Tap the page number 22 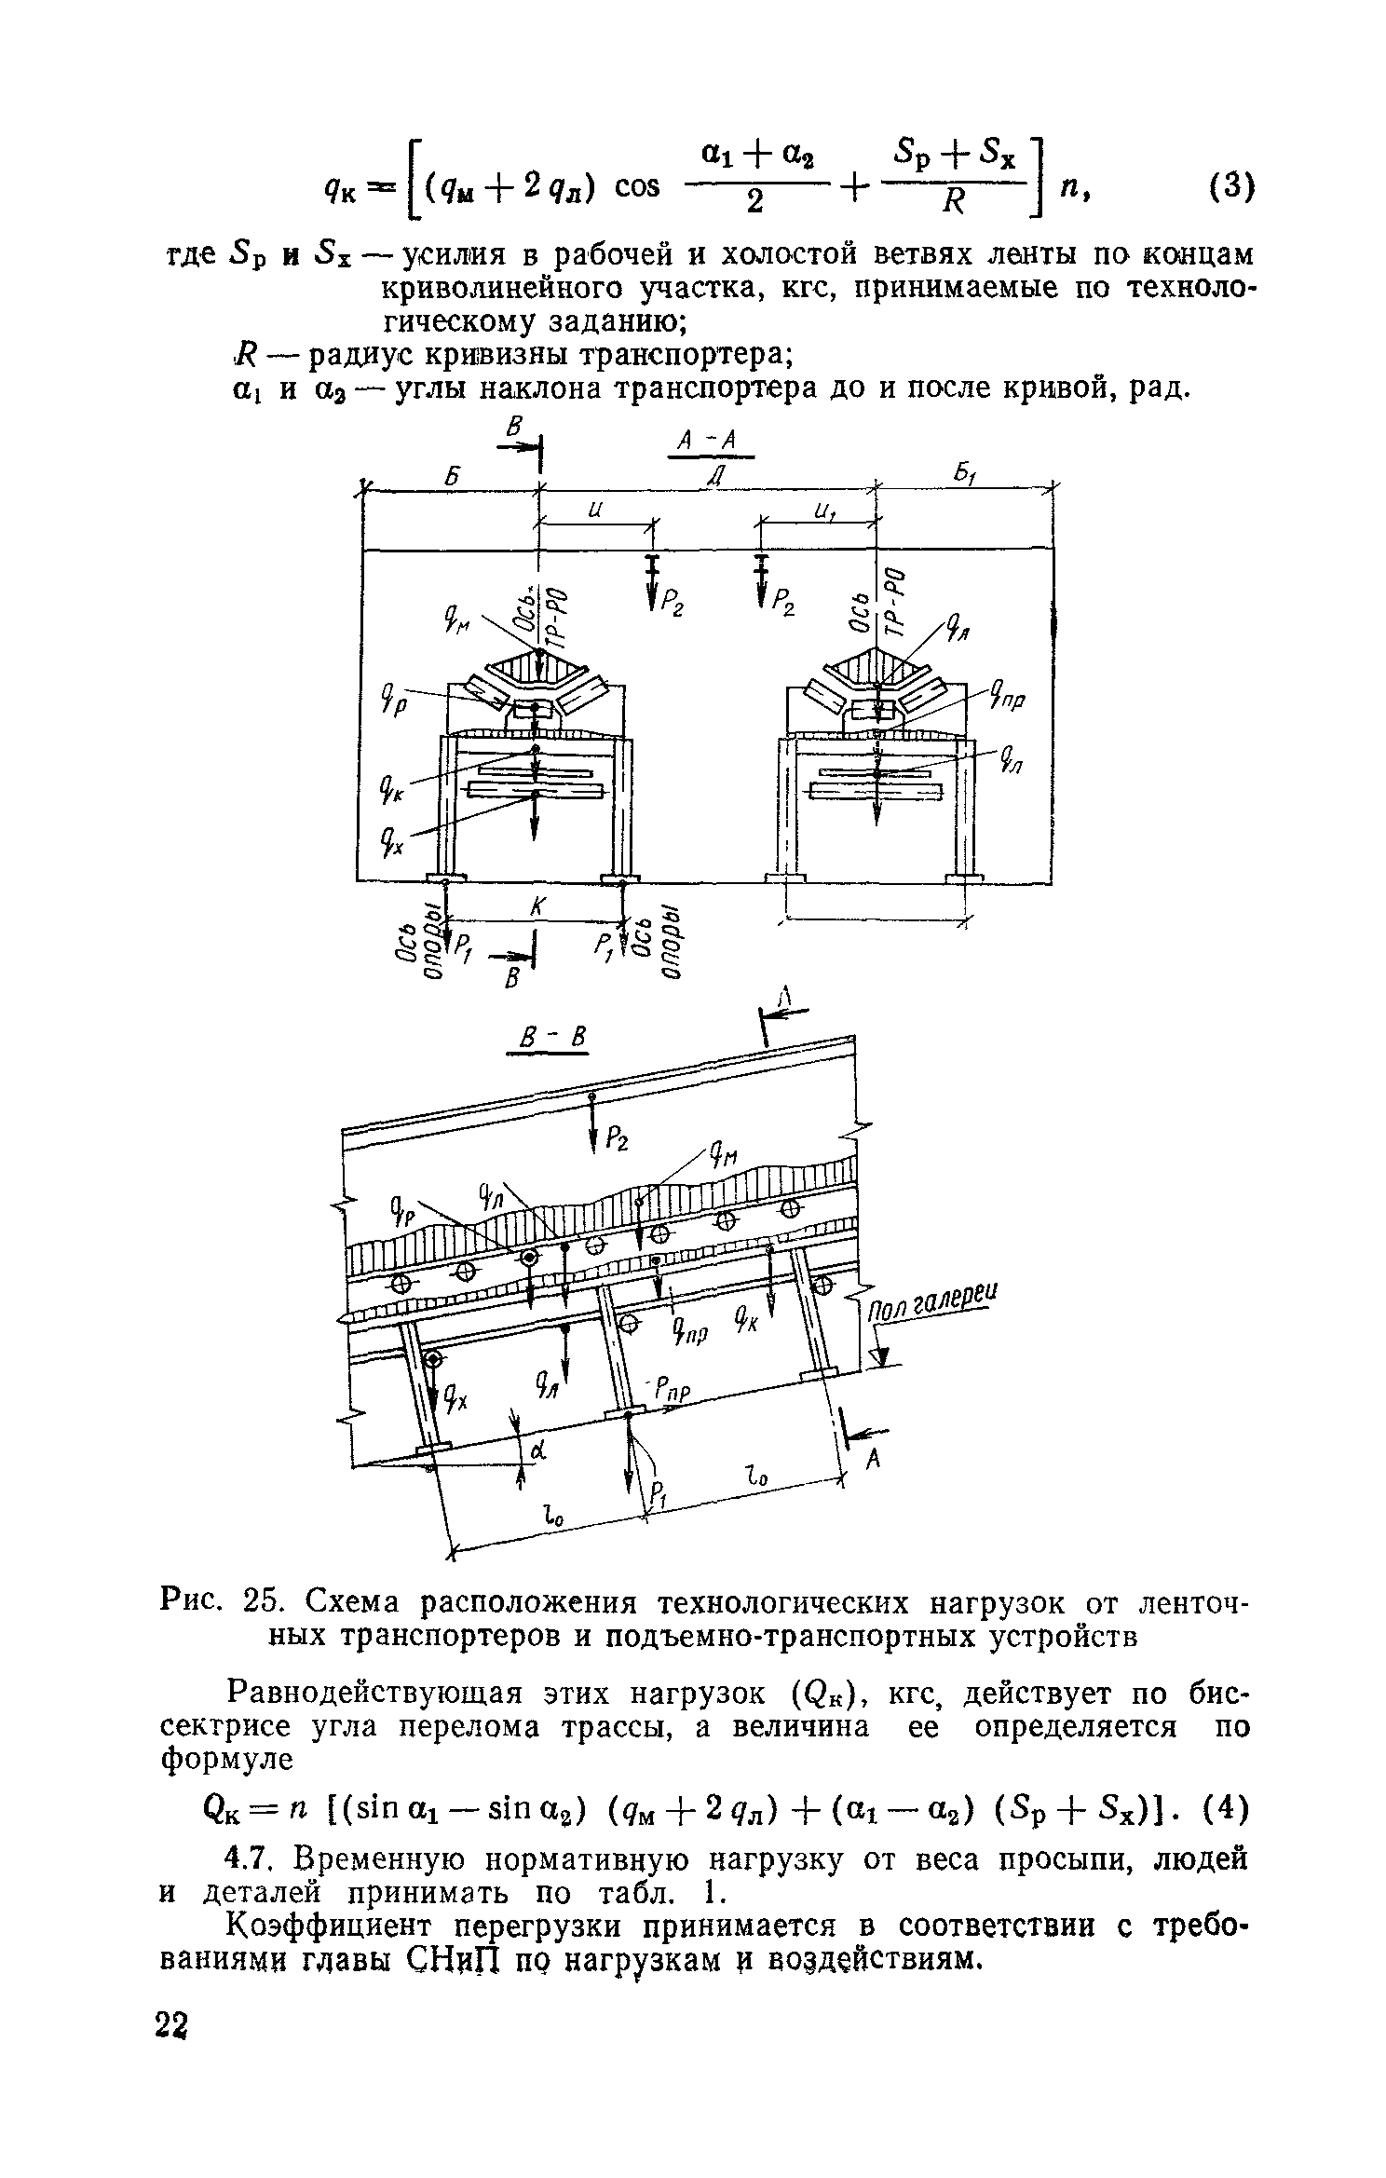tap(173, 2049)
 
